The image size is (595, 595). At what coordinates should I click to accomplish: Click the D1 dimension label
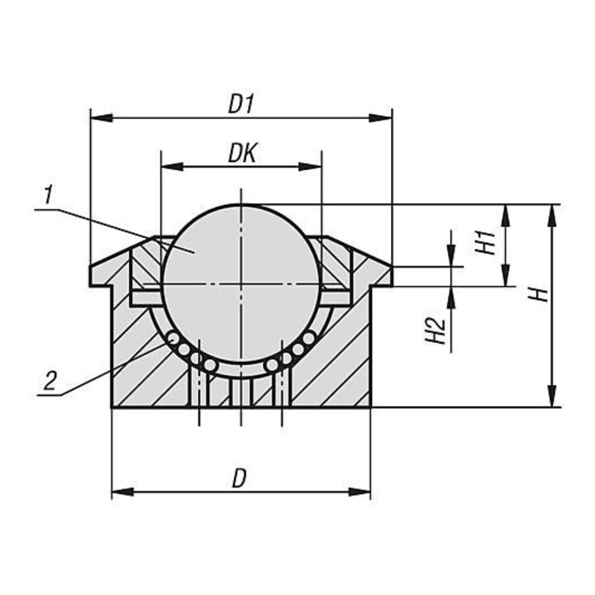pos(240,104)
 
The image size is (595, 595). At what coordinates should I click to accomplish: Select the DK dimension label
pos(242,153)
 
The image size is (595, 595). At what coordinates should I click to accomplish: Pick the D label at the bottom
pos(239,478)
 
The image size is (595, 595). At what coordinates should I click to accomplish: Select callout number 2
pos(50,381)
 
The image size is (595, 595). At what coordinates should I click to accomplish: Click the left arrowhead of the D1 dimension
pos(102,118)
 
